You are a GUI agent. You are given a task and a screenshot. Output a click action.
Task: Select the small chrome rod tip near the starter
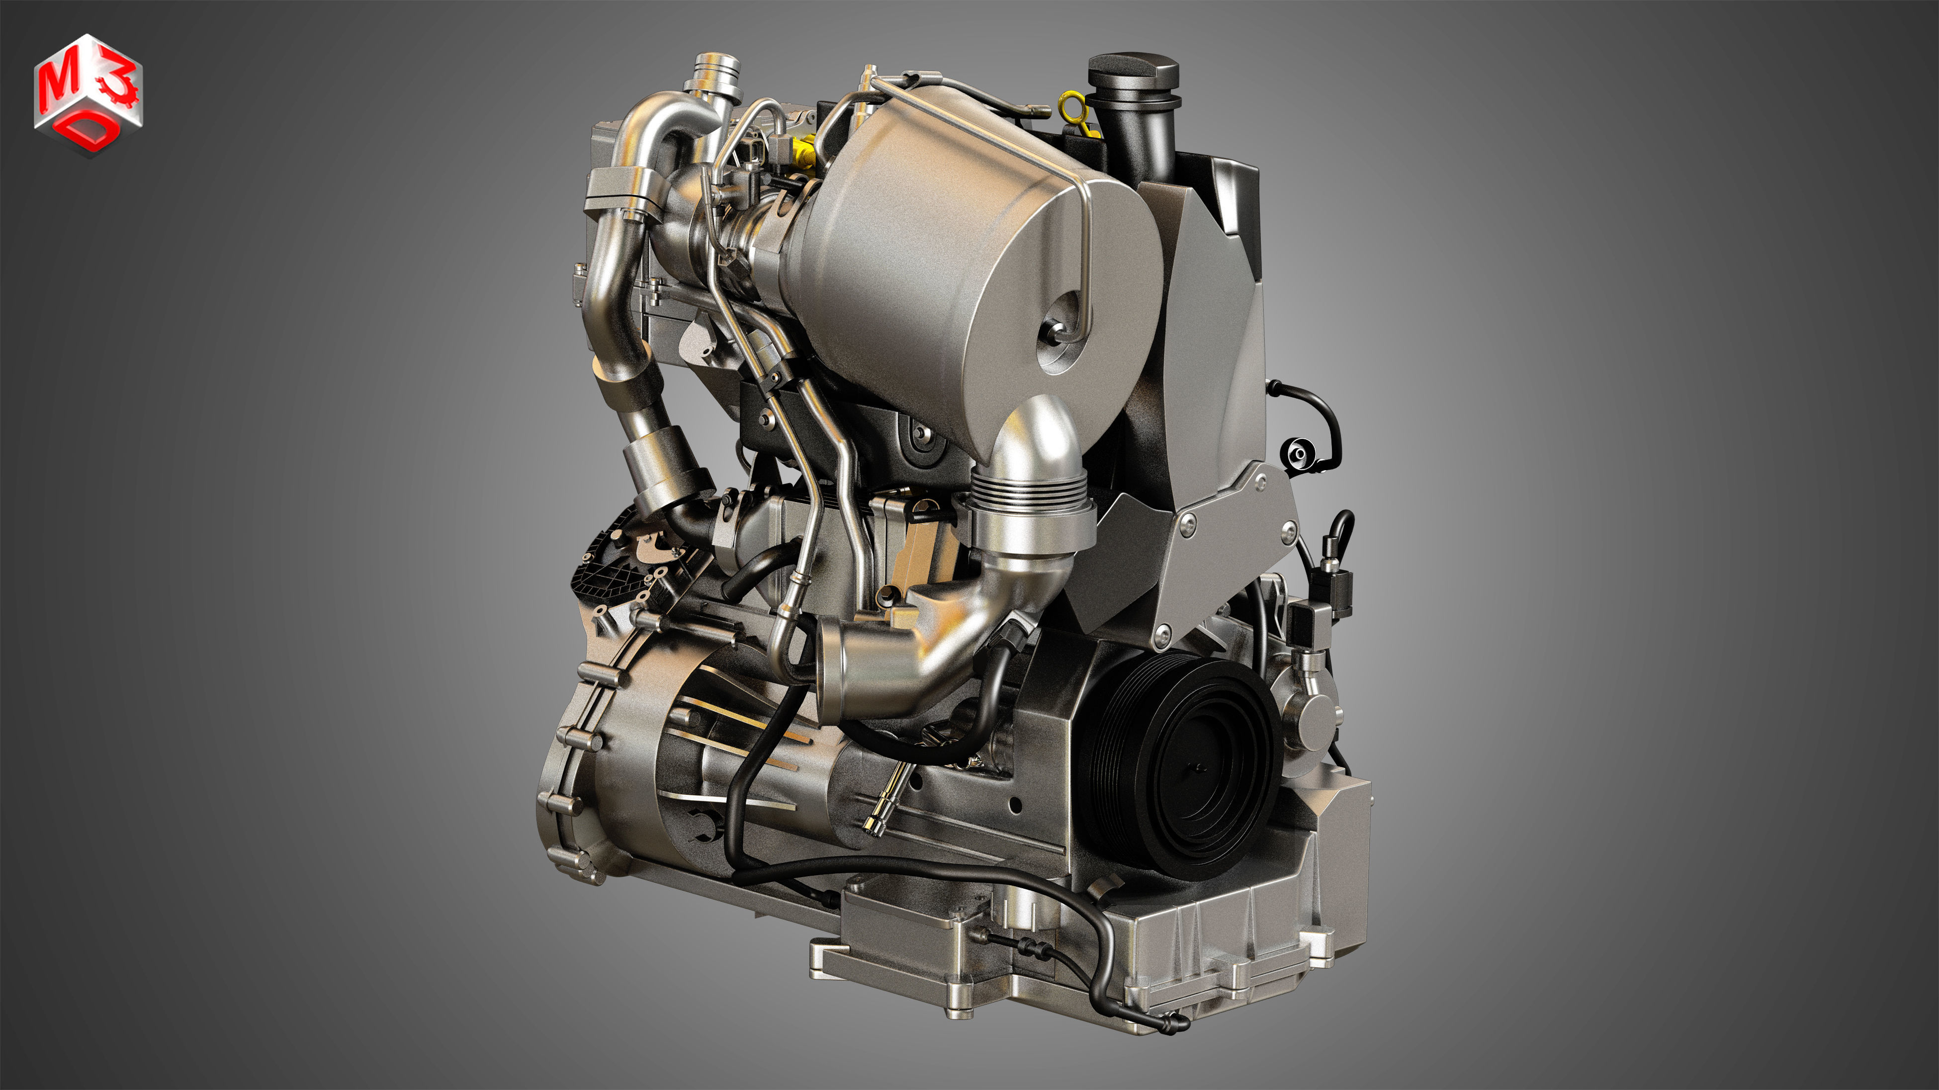[x=873, y=826]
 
